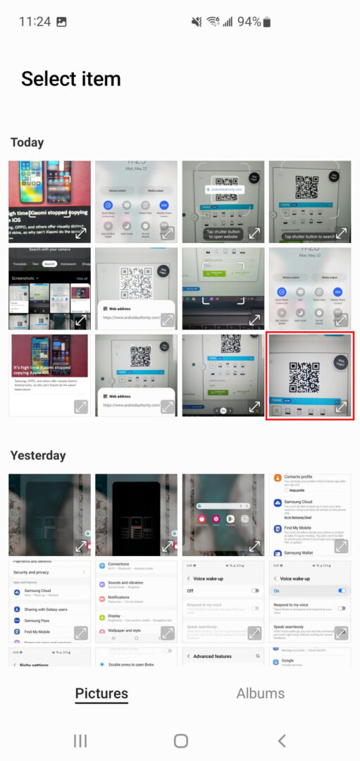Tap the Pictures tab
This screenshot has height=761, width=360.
101,693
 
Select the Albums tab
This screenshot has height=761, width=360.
260,693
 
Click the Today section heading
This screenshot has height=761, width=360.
27,142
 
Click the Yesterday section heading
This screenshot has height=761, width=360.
38,455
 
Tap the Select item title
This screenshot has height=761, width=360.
70,79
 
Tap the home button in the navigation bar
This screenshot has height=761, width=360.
180,740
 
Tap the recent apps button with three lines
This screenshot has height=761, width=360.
80,740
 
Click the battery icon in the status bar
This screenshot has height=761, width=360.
267,22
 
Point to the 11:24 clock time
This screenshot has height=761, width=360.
35,22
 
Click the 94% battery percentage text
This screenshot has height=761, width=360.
249,22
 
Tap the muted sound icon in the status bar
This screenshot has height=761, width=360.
197,22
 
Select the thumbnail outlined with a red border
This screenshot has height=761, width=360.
309,376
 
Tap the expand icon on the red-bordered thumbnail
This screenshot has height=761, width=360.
341,407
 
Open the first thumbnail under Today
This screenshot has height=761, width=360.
49,202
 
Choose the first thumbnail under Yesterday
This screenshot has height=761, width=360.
49,514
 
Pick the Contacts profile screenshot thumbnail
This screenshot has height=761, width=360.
309,514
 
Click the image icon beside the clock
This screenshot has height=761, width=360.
61,22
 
